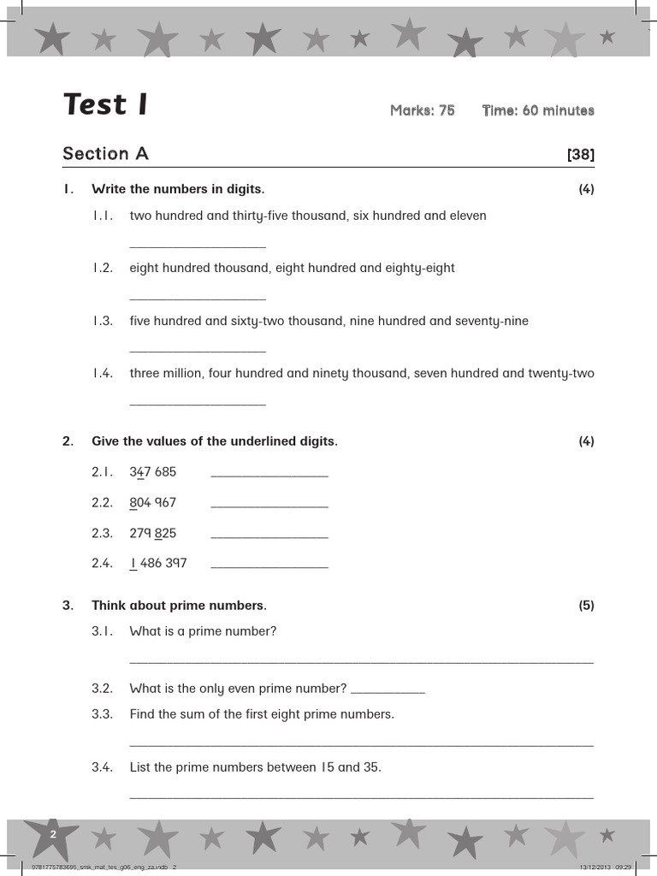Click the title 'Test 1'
coord(105,105)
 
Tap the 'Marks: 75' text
coord(422,110)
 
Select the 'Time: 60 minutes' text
coord(537,110)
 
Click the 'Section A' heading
coord(105,154)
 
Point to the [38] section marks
coord(580,155)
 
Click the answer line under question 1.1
coord(197,246)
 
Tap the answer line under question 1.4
coord(197,404)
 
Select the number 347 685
coord(152,472)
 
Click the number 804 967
coord(152,503)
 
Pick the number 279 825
coord(152,534)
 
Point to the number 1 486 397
coord(157,564)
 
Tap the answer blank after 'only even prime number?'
coord(388,691)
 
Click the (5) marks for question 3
coord(586,606)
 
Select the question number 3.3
coord(102,714)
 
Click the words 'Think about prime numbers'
coord(179,606)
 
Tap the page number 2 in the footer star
coord(53,834)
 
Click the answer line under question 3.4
coord(361,797)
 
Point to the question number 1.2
coord(102,269)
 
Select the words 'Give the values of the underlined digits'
coord(214,442)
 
